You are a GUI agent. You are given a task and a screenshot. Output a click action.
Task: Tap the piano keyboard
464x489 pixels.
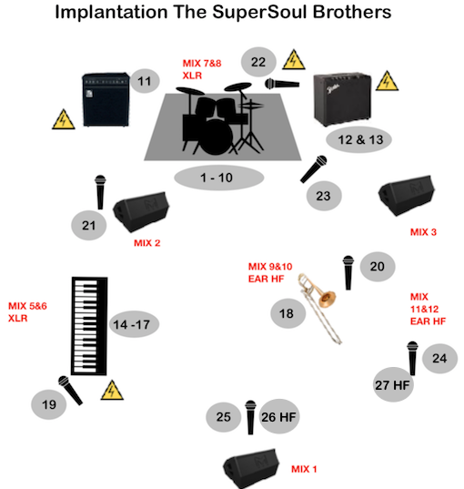point(89,326)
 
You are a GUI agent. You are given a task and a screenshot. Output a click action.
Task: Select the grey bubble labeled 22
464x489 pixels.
point(258,62)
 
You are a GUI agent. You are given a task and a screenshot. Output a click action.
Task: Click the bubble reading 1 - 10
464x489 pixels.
point(218,178)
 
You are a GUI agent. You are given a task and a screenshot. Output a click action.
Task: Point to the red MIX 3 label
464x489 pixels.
point(423,232)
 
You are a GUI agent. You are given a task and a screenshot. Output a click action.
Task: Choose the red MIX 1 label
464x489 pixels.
point(304,469)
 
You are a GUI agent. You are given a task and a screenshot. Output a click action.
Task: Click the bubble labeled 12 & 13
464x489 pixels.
point(358,139)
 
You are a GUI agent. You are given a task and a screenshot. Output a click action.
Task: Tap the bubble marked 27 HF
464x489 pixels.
point(393,385)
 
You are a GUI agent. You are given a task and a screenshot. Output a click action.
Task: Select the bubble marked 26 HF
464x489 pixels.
point(279,417)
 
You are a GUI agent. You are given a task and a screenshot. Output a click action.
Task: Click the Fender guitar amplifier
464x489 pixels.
point(342,99)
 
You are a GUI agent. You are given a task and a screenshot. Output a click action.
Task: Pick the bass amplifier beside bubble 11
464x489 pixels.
point(106,99)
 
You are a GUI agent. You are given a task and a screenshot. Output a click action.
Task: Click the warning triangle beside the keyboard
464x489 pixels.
point(112,391)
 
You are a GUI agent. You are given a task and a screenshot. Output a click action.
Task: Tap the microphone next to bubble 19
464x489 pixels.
point(70,390)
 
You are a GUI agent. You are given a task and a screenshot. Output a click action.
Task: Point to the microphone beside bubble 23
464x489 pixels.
point(314,168)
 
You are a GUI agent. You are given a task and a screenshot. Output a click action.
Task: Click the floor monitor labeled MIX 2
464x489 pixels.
point(141,211)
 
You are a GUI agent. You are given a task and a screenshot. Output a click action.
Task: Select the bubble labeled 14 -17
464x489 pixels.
point(134,324)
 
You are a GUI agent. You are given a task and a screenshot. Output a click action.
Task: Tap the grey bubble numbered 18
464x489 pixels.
point(287,313)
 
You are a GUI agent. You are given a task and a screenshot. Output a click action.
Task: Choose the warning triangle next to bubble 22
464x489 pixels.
point(294,59)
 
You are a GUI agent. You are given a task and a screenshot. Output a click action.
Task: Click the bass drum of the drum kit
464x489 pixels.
point(216,137)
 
